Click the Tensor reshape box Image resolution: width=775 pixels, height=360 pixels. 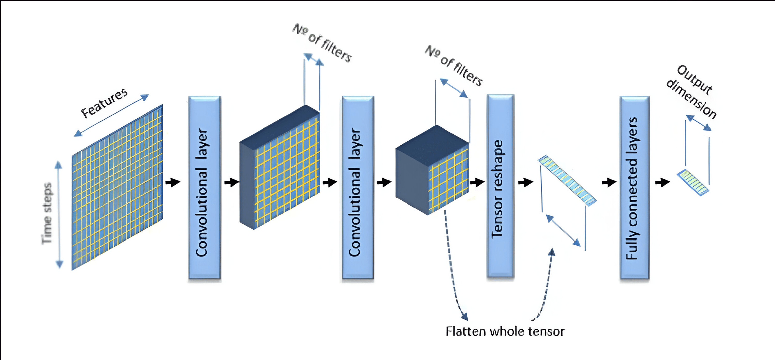[500, 186]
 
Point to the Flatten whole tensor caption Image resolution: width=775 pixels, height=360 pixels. [505, 331]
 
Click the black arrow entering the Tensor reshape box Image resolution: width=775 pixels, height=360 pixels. [477, 182]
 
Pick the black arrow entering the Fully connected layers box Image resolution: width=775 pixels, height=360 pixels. [609, 182]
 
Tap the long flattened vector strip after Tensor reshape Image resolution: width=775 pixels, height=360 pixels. [567, 180]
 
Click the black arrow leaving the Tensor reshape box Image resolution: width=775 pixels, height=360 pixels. [526, 182]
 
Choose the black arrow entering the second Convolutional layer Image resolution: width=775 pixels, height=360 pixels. [330, 182]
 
